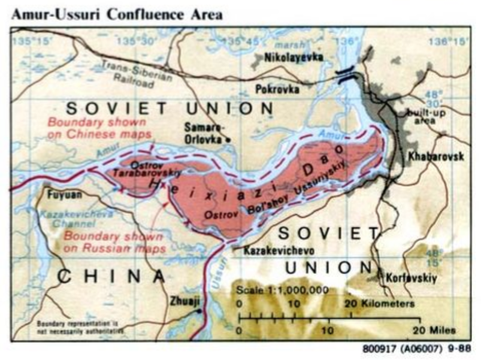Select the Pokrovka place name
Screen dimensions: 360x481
(x=276, y=89)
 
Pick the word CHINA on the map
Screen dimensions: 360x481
(x=110, y=276)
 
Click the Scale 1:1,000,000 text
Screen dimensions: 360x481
(x=283, y=290)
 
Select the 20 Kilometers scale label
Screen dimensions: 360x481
(x=380, y=304)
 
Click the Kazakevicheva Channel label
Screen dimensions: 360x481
(x=61, y=219)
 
